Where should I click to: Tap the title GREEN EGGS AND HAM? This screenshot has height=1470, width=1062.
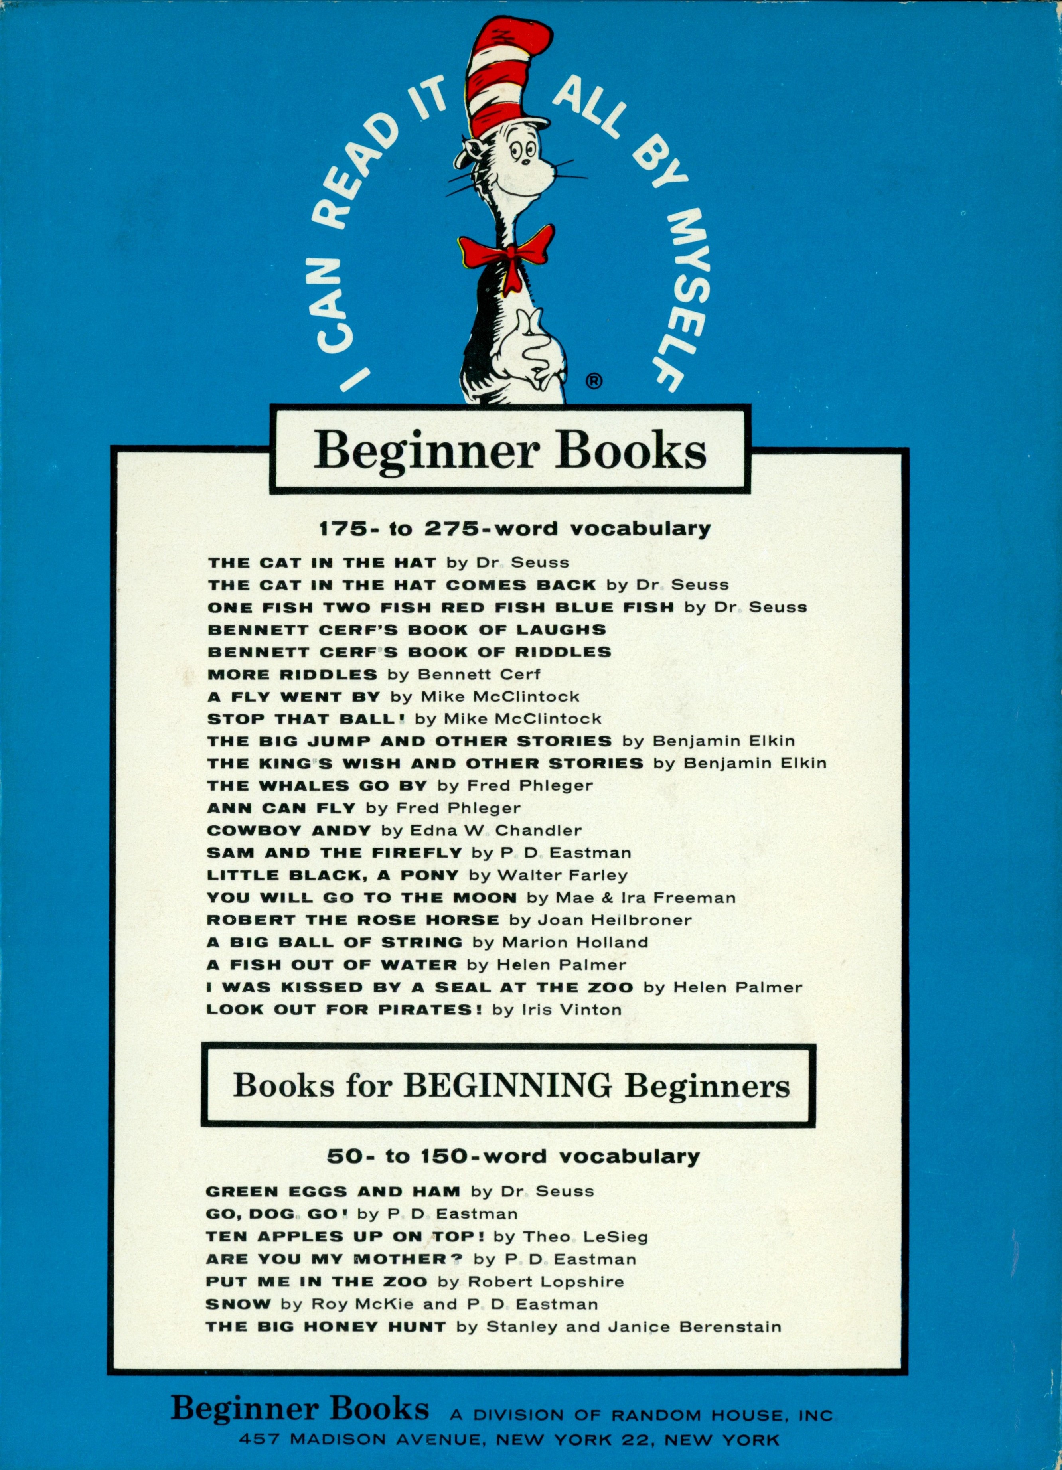333,1191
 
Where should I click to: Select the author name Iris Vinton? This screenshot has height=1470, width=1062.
571,1009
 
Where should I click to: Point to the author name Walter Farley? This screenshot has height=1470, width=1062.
562,875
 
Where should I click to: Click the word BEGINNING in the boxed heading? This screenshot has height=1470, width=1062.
507,1084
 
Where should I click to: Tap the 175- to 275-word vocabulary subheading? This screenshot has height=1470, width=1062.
515,528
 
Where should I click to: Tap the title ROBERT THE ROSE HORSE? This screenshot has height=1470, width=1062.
353,920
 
